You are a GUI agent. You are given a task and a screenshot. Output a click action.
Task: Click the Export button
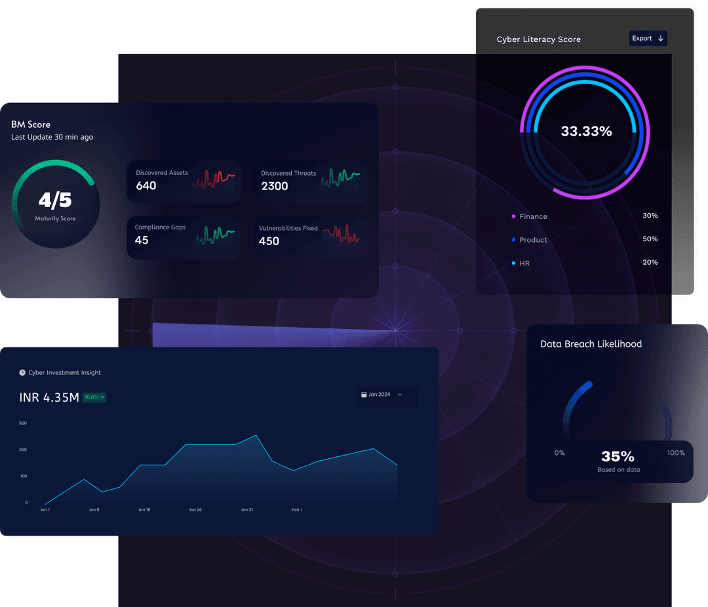tap(648, 39)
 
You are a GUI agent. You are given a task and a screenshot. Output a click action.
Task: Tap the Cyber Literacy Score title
tap(538, 39)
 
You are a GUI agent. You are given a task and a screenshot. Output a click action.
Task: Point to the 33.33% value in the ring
tap(586, 131)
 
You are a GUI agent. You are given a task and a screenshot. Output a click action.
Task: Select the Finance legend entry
tap(532, 216)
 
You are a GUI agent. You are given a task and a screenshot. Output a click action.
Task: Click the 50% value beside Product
tap(650, 239)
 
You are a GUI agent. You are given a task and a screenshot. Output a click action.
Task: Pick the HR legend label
tap(524, 263)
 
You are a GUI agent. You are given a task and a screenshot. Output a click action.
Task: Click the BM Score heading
tap(31, 125)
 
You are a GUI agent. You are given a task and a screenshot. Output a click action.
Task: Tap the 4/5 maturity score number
tap(55, 200)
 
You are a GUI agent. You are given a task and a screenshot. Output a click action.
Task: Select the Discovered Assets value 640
tap(146, 186)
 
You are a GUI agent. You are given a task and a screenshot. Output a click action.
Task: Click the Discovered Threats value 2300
tap(274, 186)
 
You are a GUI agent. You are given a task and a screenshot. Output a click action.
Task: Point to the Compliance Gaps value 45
tap(142, 240)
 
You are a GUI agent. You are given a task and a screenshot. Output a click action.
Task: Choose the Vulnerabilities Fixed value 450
tap(269, 241)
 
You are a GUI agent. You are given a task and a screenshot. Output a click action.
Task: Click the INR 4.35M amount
tap(49, 397)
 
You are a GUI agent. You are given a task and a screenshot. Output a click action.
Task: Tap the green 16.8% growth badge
tap(94, 397)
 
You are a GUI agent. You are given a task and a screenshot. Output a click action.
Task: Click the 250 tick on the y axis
tap(23, 450)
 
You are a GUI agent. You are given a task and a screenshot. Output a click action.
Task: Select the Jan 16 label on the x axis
tap(144, 509)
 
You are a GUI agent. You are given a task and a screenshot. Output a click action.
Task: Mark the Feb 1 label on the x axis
tap(297, 509)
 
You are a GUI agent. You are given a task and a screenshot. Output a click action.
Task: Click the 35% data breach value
tap(618, 456)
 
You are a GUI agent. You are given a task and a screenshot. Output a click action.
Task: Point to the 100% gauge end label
tap(676, 453)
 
